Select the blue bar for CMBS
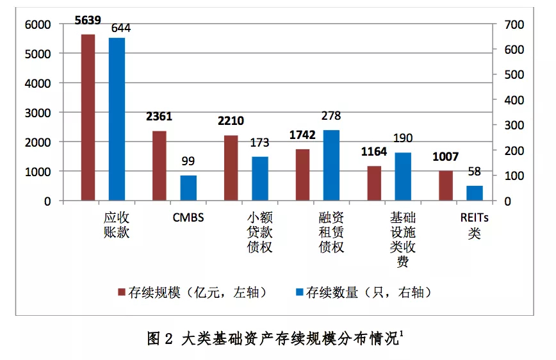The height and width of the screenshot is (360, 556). click(188, 188)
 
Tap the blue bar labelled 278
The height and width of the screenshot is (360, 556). click(331, 165)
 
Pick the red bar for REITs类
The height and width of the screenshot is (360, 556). click(446, 186)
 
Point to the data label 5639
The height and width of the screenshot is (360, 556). click(88, 20)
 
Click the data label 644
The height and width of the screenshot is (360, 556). click(121, 28)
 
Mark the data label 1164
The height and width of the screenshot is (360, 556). click(375, 153)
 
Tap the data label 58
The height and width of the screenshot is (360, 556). click(474, 172)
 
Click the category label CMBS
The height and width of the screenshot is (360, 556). click(188, 217)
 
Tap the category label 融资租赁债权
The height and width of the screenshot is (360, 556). click(331, 232)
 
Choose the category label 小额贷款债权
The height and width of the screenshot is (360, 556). click(259, 232)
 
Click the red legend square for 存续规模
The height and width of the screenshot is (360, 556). click(121, 293)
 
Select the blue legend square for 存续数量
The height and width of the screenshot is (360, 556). click(298, 293)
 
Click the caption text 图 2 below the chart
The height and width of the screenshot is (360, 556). click(160, 338)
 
